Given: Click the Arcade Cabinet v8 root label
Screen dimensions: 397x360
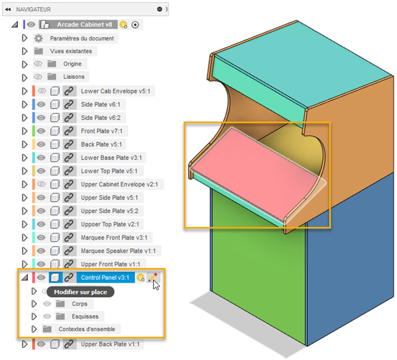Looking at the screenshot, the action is tap(84, 24).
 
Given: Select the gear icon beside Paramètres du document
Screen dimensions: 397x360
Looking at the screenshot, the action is tap(38, 38).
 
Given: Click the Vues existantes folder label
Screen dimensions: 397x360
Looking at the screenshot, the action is tap(71, 51).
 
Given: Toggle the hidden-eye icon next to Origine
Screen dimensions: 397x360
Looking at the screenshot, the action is tap(38, 64).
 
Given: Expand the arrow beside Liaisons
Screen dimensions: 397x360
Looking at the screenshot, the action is tap(24, 77).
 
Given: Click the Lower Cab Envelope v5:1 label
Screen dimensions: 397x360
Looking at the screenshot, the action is tap(115, 91).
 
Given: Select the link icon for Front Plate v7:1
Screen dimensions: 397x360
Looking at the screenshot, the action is tap(69, 131).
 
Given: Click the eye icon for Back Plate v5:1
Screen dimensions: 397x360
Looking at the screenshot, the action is tap(41, 144).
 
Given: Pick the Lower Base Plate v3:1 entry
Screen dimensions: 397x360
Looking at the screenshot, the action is tap(111, 157).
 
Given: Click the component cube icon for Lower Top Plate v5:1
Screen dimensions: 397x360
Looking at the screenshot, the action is tap(55, 171).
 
